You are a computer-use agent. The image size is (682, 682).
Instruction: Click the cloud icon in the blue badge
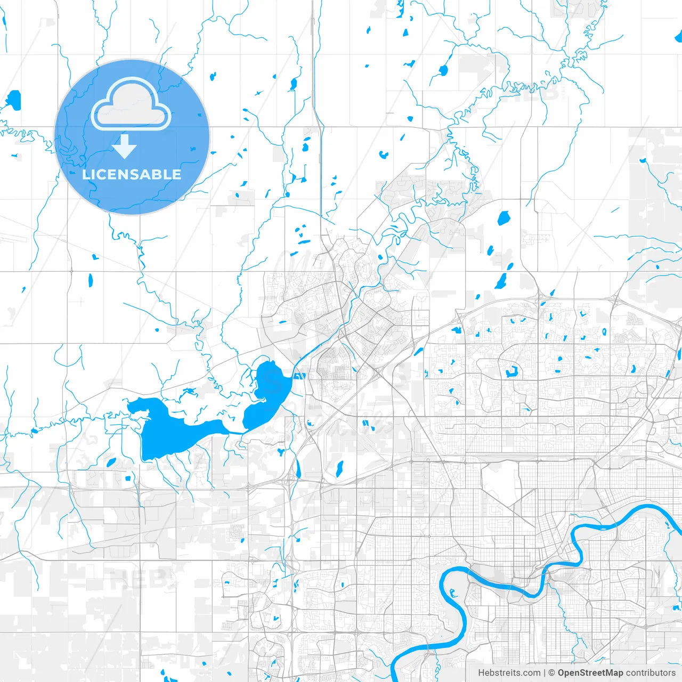click(x=131, y=104)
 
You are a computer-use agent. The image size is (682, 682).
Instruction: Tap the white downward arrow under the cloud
click(x=125, y=147)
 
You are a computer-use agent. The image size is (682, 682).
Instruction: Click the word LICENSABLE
click(x=132, y=174)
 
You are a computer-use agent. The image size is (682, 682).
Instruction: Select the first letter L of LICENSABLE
click(x=86, y=174)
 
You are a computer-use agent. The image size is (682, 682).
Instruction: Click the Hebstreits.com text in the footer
click(x=509, y=673)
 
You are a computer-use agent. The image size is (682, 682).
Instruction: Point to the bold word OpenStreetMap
click(x=590, y=673)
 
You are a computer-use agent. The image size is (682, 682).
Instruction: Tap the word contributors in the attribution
click(x=651, y=673)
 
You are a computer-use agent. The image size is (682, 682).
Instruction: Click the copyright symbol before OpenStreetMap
click(x=552, y=673)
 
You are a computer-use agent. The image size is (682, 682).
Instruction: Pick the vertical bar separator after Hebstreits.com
click(x=545, y=673)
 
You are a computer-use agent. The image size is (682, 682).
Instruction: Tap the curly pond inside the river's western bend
click(x=452, y=591)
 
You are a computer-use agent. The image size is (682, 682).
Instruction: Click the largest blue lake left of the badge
click(x=13, y=100)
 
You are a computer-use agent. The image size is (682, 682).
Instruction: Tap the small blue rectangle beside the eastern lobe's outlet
click(x=302, y=376)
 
